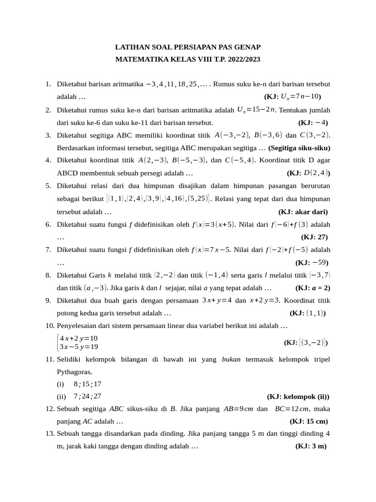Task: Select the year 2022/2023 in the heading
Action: point(241,59)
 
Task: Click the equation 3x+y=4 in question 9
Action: point(217,301)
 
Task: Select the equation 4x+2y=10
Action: point(78,338)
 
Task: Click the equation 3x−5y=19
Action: point(78,347)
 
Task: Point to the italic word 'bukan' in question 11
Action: point(231,359)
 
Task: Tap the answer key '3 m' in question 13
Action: point(316,446)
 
